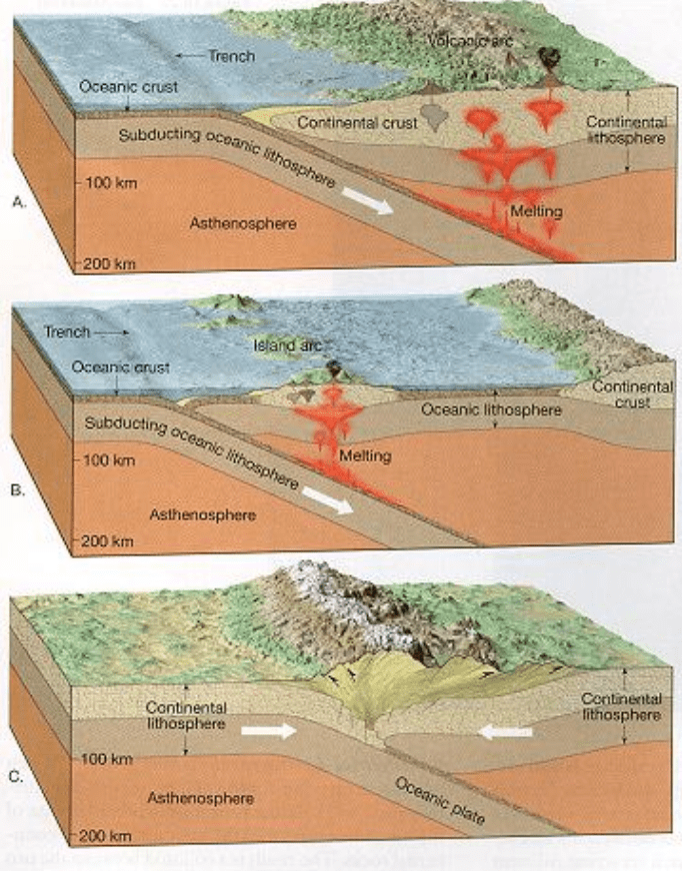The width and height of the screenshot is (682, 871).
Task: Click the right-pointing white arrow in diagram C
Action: tap(269, 730)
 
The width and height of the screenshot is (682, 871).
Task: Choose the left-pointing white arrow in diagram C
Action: tap(505, 731)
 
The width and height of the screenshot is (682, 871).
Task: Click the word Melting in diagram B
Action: tap(364, 456)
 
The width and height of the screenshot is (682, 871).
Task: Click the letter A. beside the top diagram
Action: tap(17, 201)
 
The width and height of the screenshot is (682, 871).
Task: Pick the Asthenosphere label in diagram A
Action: tap(243, 223)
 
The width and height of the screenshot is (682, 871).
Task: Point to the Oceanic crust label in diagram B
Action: tap(119, 367)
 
